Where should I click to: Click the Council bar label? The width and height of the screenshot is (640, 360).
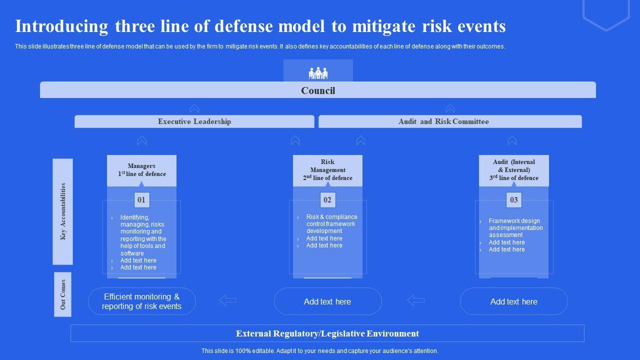318,90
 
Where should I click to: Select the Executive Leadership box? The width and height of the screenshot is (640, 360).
194,121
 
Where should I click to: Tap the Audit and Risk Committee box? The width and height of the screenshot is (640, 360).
443,121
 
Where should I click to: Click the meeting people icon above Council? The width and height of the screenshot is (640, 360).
318,73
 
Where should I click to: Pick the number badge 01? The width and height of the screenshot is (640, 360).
141,200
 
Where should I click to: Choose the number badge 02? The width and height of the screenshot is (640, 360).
327,200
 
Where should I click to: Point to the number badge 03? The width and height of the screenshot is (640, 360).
513,200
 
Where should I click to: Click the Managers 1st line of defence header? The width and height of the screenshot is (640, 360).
141,170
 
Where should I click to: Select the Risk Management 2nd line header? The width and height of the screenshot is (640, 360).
327,170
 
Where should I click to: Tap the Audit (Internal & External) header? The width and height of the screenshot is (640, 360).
513,170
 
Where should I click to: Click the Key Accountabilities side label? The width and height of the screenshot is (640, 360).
63,211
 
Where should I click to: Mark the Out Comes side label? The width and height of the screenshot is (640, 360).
63,294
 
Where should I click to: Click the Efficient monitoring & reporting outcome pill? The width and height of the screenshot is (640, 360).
141,301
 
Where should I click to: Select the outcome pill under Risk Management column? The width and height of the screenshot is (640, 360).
327,301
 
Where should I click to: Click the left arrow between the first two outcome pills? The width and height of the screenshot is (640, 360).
228,300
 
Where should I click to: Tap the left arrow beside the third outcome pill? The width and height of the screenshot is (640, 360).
415,300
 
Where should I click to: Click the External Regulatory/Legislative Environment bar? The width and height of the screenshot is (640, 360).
327,333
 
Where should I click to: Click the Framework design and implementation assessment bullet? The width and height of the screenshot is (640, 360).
515,228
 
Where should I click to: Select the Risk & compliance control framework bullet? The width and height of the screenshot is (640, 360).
331,224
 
